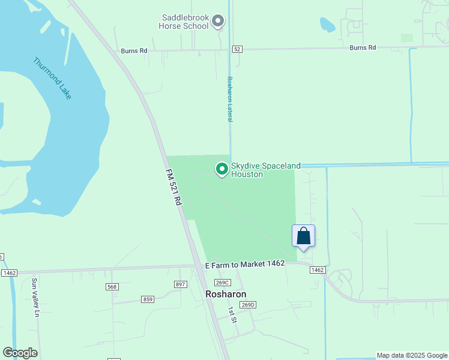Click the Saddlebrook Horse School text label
184,22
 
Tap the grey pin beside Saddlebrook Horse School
218,22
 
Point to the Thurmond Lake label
52,77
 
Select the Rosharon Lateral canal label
229,99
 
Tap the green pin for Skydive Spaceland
221,169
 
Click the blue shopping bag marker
303,236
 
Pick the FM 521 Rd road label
173,187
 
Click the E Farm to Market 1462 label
244,264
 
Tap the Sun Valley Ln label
35,298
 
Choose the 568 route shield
112,287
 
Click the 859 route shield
148,299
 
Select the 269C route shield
223,283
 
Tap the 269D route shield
248,305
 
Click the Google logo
20,353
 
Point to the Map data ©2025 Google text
412,355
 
